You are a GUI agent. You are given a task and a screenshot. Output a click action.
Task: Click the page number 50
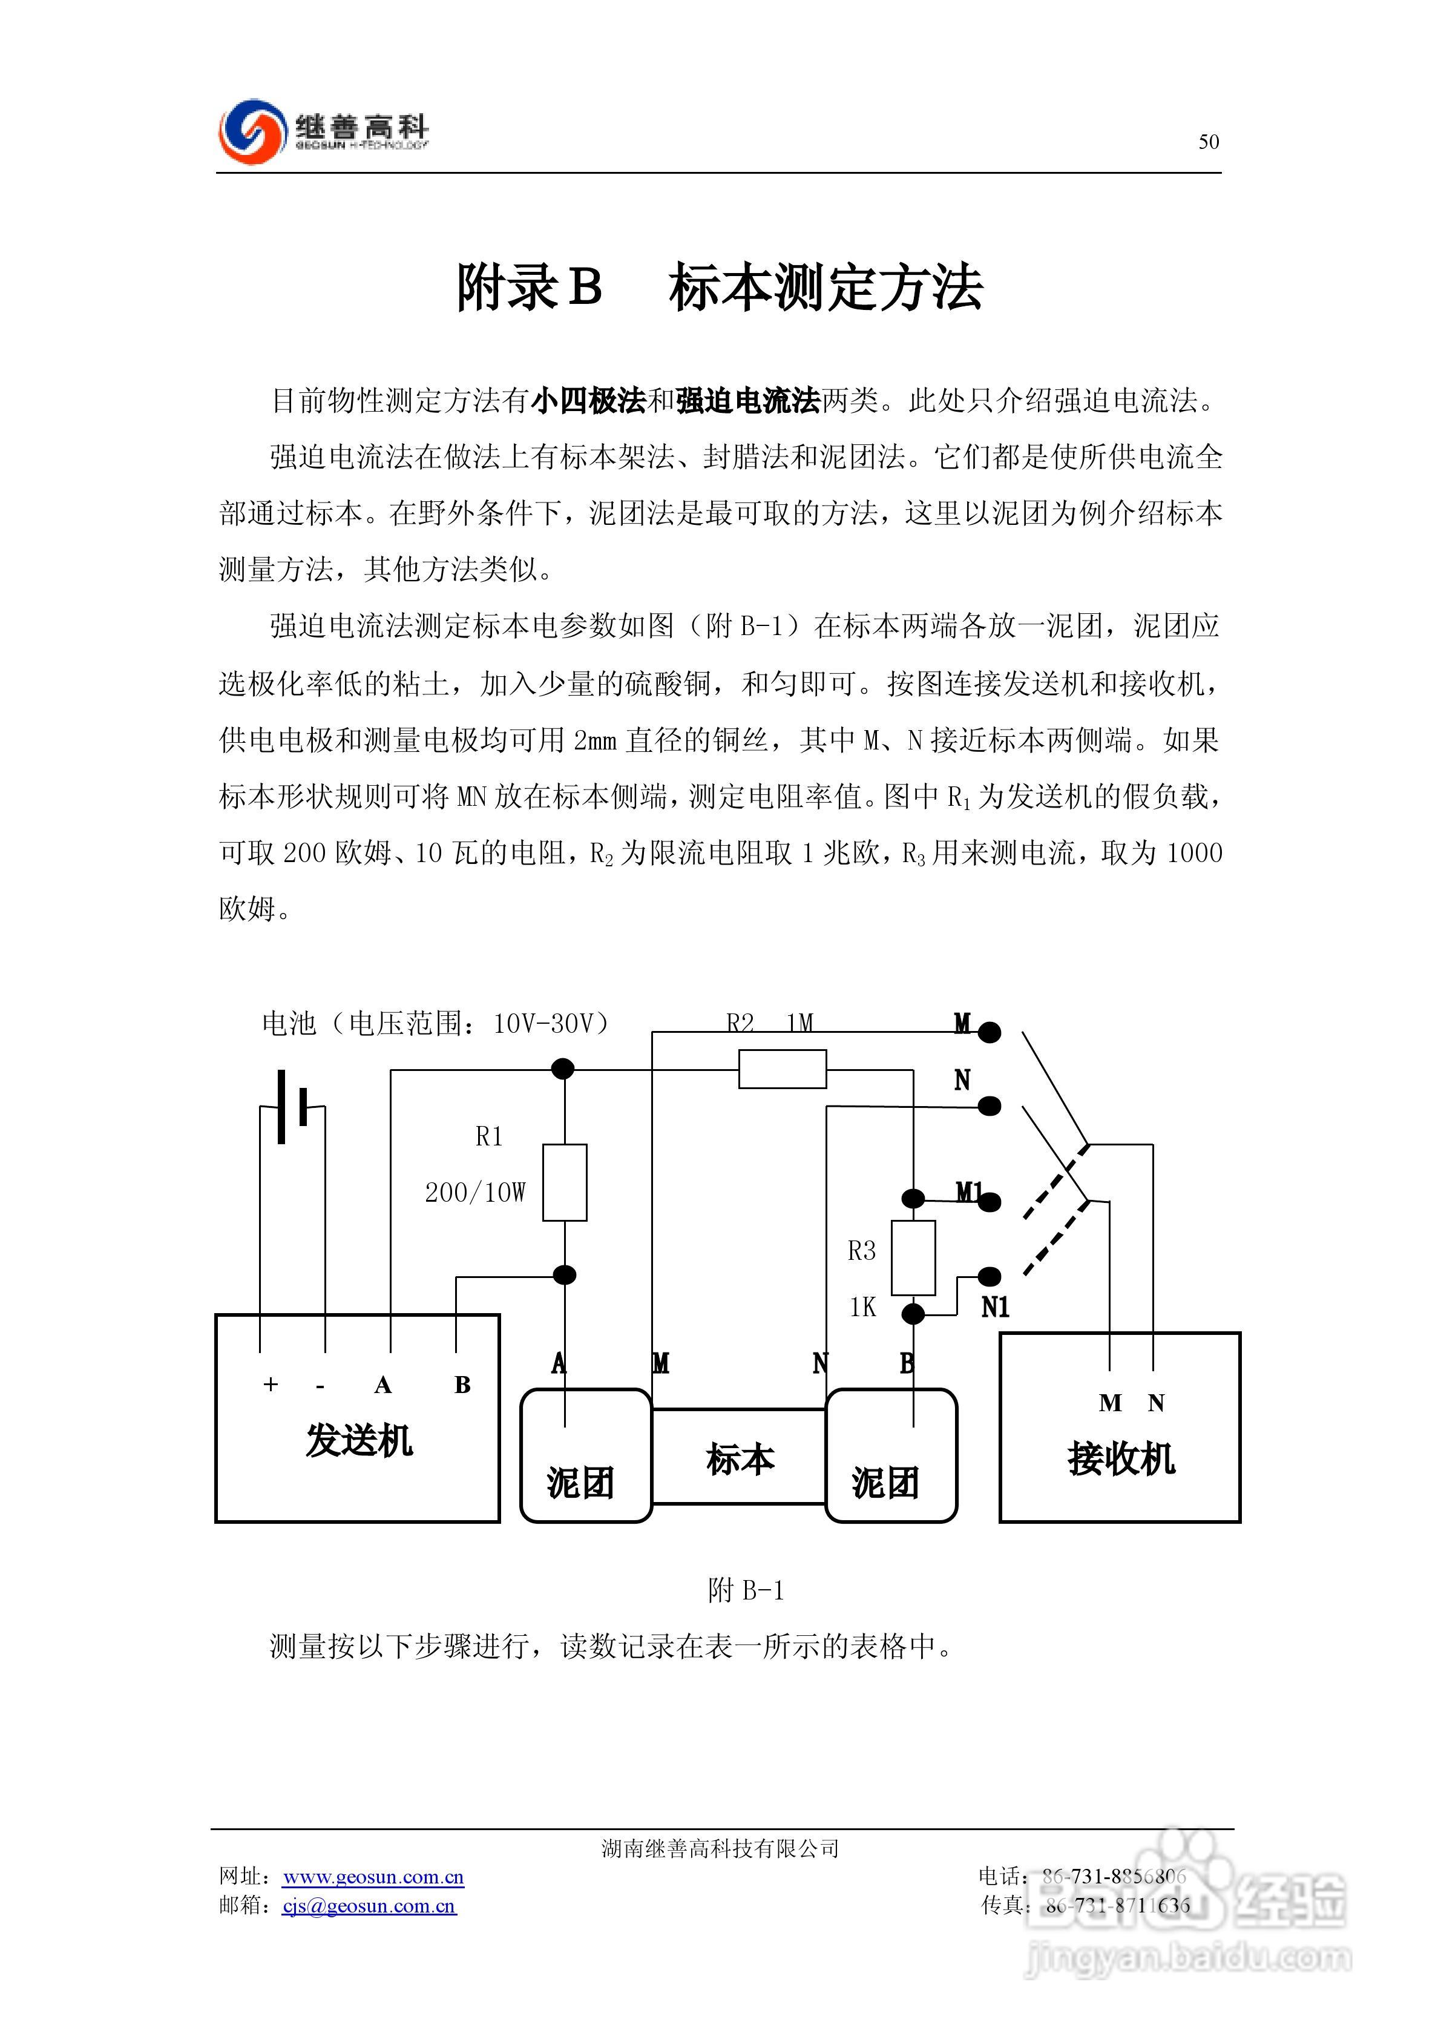[x=1209, y=142]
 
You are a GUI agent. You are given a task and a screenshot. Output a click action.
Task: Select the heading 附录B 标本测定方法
[x=719, y=288]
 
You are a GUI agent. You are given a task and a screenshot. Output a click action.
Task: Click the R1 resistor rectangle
[x=565, y=1182]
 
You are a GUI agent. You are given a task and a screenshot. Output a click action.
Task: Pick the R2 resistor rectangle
[x=782, y=1069]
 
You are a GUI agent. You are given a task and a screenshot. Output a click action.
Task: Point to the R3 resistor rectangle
[x=913, y=1257]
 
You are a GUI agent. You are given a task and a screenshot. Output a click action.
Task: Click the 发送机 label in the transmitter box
[x=359, y=1440]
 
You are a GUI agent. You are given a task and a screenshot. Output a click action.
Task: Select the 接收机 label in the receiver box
[x=1120, y=1458]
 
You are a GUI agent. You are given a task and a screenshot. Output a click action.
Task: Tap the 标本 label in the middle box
[x=740, y=1459]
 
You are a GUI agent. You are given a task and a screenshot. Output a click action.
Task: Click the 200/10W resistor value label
[x=475, y=1193]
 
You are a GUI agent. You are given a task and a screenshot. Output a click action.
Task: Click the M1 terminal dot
[x=990, y=1202]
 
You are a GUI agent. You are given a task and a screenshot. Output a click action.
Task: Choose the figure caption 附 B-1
[x=746, y=1590]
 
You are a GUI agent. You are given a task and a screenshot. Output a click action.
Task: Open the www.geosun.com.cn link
[x=373, y=1877]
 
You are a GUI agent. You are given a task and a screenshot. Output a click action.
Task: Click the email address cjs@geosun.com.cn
[x=369, y=1906]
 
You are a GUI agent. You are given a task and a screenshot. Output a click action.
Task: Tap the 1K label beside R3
[x=862, y=1307]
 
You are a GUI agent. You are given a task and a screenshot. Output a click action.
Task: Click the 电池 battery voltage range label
[x=436, y=1024]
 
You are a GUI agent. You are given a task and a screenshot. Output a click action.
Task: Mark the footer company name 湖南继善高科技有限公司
[x=720, y=1849]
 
